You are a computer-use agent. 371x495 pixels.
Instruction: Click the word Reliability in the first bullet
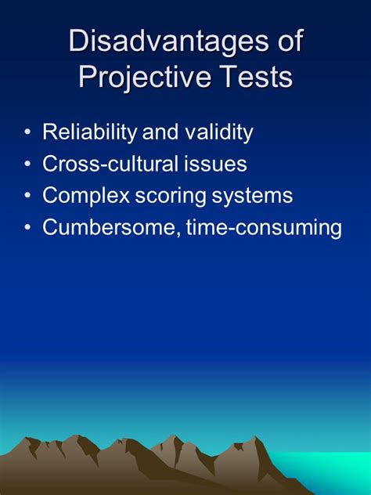click(x=89, y=132)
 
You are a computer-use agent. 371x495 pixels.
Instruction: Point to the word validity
click(x=219, y=132)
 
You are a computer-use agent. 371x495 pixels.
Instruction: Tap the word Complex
click(x=86, y=196)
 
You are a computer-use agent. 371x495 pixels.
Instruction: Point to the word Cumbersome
click(x=109, y=227)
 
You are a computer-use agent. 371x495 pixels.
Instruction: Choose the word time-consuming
click(x=264, y=228)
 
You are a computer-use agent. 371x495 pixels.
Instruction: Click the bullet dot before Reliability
click(x=27, y=132)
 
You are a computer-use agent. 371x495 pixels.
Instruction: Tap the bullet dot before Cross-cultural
click(x=27, y=163)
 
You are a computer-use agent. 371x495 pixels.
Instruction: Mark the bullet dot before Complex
click(x=27, y=195)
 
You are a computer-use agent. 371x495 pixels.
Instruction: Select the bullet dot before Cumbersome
click(x=27, y=226)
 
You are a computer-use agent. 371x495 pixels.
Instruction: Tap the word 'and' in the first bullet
click(x=160, y=132)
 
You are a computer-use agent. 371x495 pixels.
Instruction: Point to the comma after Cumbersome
click(x=178, y=234)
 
